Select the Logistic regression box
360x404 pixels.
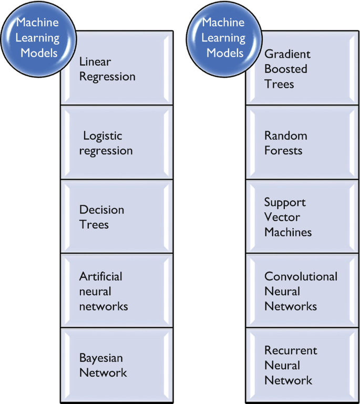click(x=117, y=143)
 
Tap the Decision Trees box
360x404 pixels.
click(x=117, y=217)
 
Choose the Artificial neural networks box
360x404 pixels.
click(x=117, y=291)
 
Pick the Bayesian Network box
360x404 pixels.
click(x=117, y=366)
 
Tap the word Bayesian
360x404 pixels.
click(x=101, y=358)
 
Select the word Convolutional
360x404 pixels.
click(x=301, y=276)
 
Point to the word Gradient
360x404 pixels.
click(x=287, y=54)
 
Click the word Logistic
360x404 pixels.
click(x=102, y=136)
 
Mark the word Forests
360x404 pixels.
click(x=283, y=151)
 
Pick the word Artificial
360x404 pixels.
click(x=100, y=276)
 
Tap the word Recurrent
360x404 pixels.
click(x=291, y=350)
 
